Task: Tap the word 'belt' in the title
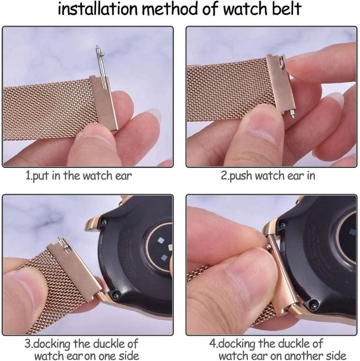[x=282, y=10]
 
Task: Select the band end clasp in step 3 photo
[x=77, y=266]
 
